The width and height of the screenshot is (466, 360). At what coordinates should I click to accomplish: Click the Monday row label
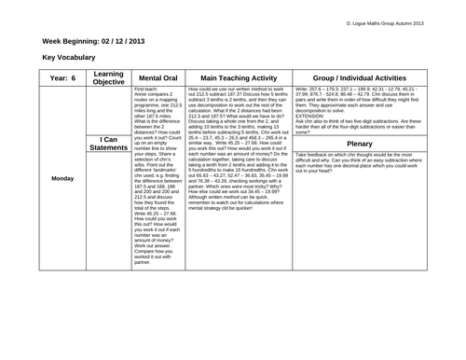63,178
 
